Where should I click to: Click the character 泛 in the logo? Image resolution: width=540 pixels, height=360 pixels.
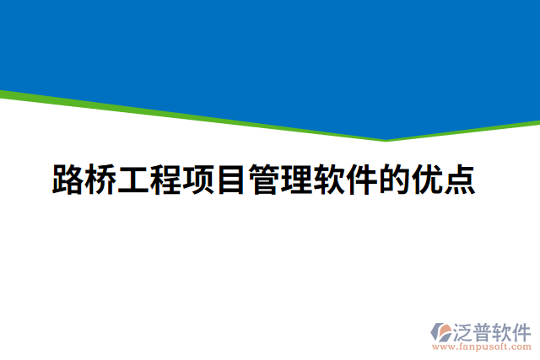[x=465, y=330]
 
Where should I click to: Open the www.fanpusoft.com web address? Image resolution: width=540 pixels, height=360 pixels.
[x=482, y=347]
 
